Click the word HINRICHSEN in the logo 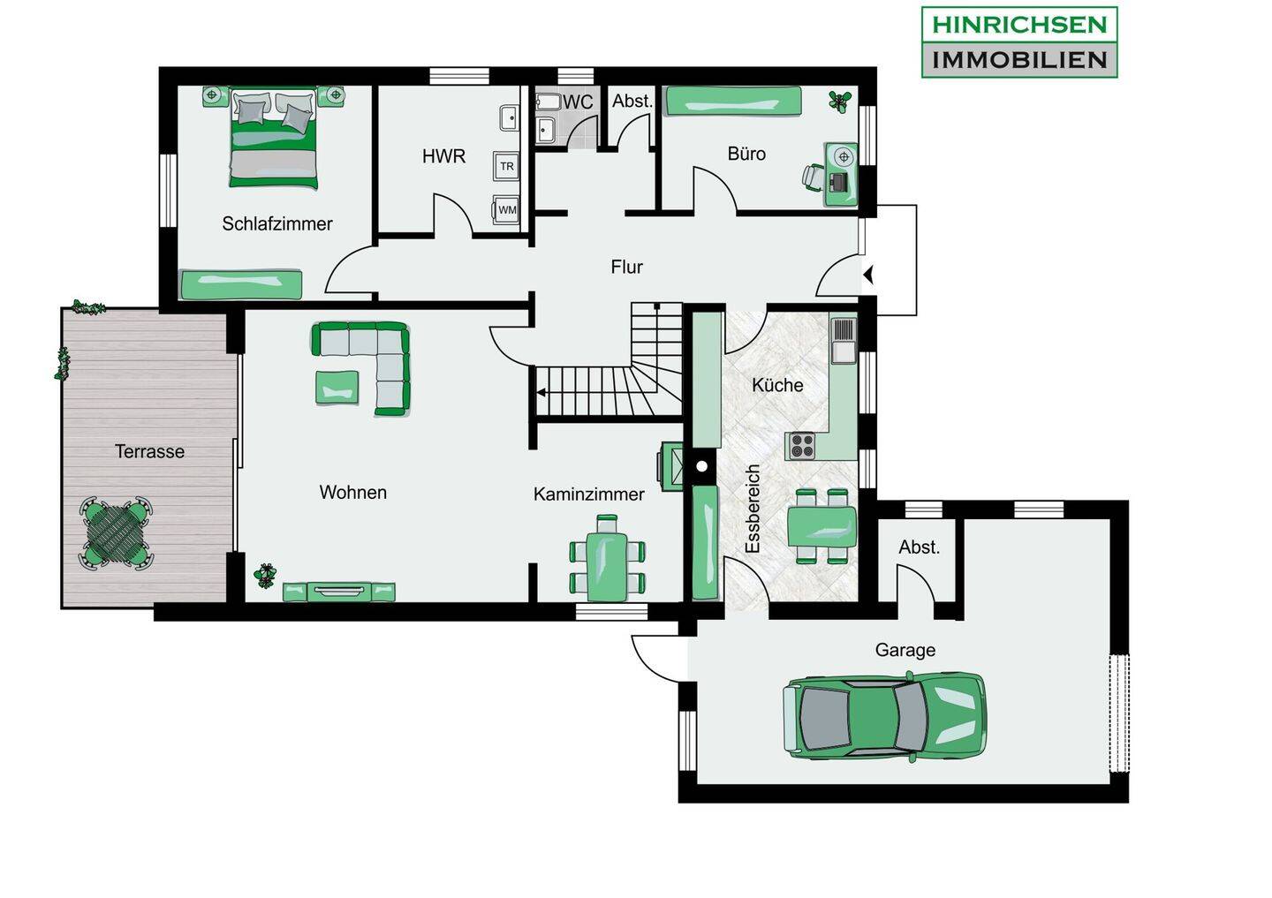pos(1019,25)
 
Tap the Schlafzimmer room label pos(277,223)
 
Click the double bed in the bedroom pos(273,138)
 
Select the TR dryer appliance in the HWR pos(506,166)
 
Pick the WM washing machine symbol pos(506,209)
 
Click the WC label pos(578,102)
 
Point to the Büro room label pos(746,154)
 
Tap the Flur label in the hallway pos(627,267)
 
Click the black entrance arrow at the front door pos(867,275)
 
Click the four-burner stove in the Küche pos(801,446)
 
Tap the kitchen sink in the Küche pos(844,340)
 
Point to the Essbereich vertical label pos(753,509)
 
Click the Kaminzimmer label pos(589,494)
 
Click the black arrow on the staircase pos(541,392)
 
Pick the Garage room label pos(905,651)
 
